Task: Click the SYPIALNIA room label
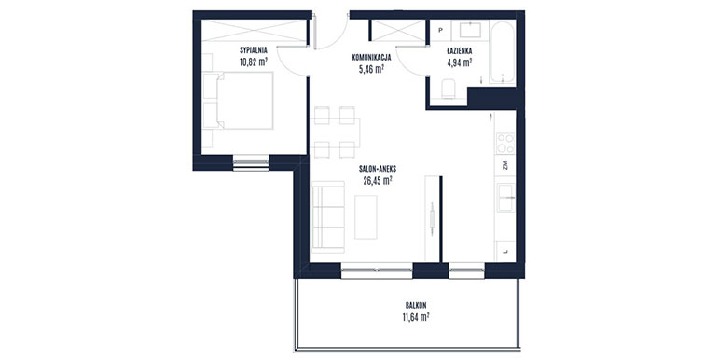click(x=254, y=50)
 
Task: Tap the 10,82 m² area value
click(x=254, y=62)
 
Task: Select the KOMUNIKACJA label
click(x=371, y=58)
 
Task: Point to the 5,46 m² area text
click(x=371, y=70)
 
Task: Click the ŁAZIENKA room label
click(x=460, y=51)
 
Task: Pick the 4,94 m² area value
click(x=460, y=63)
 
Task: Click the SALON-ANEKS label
click(x=378, y=169)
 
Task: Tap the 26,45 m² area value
click(x=378, y=180)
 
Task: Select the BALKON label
click(x=416, y=305)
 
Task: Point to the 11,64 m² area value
click(x=416, y=317)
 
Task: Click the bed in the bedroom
click(x=238, y=101)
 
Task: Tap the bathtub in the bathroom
click(x=503, y=52)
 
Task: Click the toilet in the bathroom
click(x=448, y=89)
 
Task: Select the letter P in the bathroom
click(x=440, y=30)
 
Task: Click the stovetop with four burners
click(x=505, y=143)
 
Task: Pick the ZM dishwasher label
click(x=505, y=166)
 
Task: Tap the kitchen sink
click(x=506, y=198)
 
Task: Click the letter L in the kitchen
click(x=505, y=252)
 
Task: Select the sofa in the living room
click(x=327, y=217)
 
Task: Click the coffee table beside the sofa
click(x=366, y=217)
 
